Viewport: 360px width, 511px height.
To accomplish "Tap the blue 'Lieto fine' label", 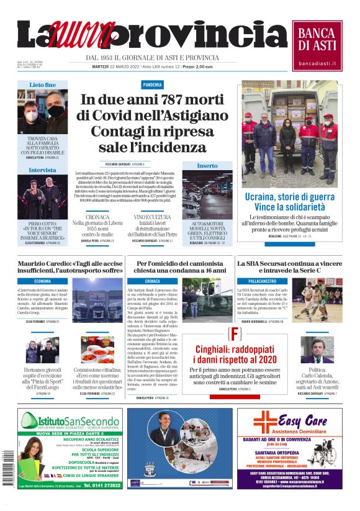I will click(x=42, y=84).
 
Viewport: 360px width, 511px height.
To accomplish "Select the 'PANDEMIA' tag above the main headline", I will click(x=152, y=84).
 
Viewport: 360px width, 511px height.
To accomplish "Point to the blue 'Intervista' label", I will click(x=42, y=170).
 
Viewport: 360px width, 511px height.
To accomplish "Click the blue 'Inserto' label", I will click(x=207, y=166).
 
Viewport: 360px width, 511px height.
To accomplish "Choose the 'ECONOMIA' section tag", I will click(x=43, y=281).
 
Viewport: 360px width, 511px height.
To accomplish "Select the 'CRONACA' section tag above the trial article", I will click(x=152, y=281).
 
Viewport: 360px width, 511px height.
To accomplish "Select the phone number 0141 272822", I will click(x=102, y=485).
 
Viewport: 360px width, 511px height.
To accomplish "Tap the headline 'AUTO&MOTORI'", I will click(x=207, y=223).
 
